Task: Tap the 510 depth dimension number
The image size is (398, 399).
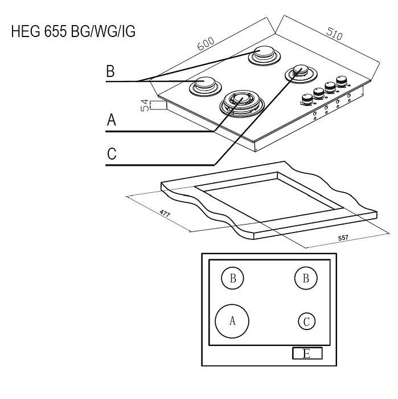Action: point(334,34)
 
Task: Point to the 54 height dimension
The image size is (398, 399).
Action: point(145,105)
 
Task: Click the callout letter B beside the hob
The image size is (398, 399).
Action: point(110,72)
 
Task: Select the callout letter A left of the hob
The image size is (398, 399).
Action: point(112,120)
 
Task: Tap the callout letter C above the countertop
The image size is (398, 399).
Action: point(112,154)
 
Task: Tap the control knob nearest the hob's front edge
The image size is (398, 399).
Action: point(306,99)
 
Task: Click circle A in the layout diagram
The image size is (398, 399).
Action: point(232,320)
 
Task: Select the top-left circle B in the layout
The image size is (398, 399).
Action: point(232,279)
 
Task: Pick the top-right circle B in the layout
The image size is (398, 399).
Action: point(306,279)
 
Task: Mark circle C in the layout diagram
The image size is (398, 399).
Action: point(306,321)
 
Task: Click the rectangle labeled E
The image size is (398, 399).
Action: point(307,354)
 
